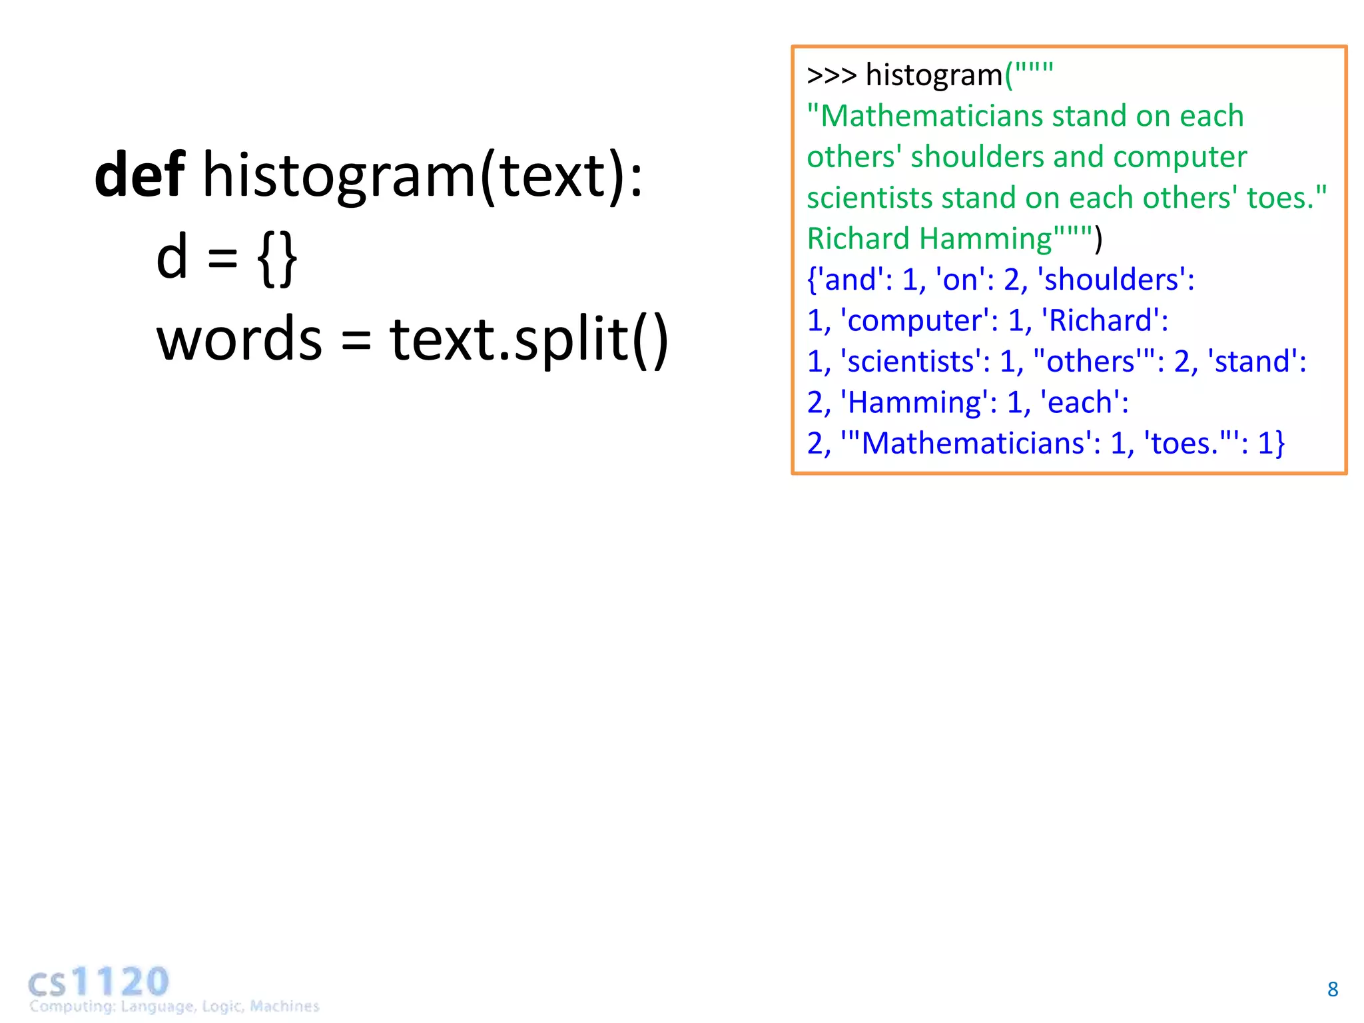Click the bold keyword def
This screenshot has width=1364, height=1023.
(140, 174)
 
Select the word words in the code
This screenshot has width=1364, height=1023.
(239, 339)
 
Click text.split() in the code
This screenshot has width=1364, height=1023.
(529, 339)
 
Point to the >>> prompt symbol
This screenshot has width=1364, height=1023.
(831, 75)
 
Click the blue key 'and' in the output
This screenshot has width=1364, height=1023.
(849, 280)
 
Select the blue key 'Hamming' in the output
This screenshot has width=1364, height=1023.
(914, 403)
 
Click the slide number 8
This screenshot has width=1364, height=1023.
(1332, 989)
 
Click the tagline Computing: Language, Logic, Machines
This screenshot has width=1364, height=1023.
(174, 1006)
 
